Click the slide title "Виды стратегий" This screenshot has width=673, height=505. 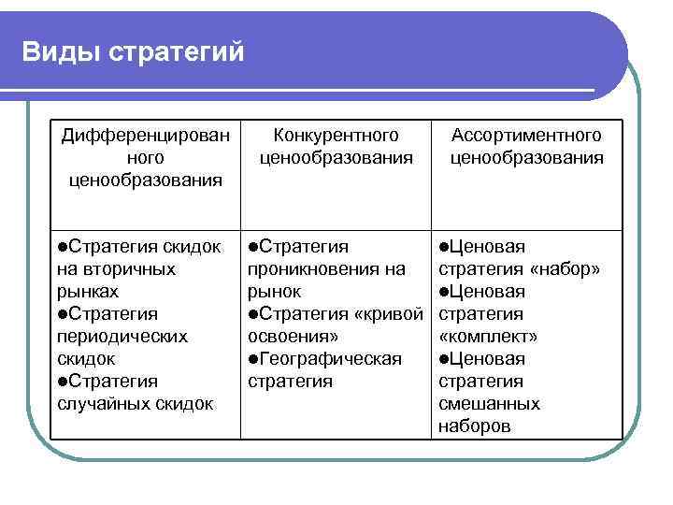pyautogui.click(x=133, y=50)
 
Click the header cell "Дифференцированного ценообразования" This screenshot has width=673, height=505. pyautogui.click(x=146, y=157)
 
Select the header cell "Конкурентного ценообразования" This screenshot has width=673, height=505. pyautogui.click(x=336, y=147)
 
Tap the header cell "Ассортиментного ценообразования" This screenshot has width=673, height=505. pyautogui.click(x=526, y=147)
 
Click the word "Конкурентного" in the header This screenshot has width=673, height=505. pyautogui.click(x=336, y=136)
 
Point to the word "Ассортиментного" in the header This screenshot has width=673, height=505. pyautogui.click(x=526, y=136)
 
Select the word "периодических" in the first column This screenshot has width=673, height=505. pyautogui.click(x=122, y=337)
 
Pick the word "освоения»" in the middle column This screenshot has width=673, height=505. pyautogui.click(x=291, y=337)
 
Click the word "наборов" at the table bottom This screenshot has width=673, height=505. pyautogui.click(x=474, y=426)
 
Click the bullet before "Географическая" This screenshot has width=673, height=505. pyautogui.click(x=253, y=359)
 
